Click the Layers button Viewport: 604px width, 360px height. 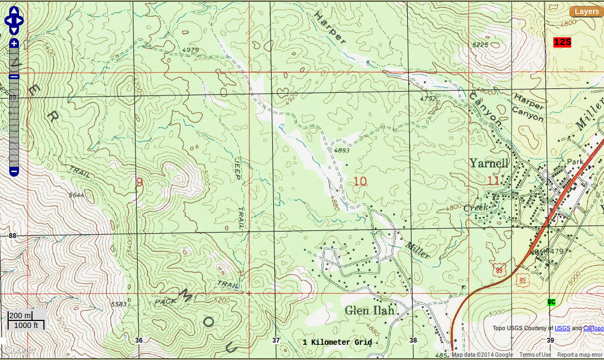pos(586,11)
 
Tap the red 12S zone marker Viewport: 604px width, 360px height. pos(562,42)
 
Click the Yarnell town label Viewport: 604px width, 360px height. pos(489,163)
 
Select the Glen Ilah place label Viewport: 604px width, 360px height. pos(370,310)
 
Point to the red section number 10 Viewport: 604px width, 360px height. pos(360,181)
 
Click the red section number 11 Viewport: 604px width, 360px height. pos(493,181)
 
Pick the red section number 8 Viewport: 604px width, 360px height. pos(139,182)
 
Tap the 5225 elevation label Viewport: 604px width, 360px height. pos(481,44)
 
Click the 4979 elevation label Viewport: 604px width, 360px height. pos(191,50)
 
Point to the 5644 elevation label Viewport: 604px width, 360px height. pos(76,195)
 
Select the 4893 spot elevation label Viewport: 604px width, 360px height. pos(342,150)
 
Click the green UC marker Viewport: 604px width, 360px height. pos(551,302)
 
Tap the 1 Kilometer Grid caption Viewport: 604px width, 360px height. pos(337,342)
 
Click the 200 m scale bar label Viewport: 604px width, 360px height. pos(21,316)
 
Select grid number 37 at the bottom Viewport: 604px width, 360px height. pos(276,340)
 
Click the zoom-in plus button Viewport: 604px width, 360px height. pos(14,43)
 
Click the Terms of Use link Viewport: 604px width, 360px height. pos(535,355)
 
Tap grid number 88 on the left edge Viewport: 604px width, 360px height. pos(12,235)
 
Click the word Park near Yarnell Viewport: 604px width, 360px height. pos(574,162)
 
